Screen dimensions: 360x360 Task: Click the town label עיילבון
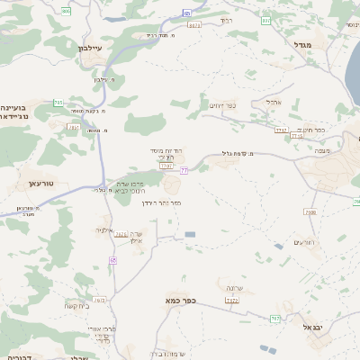(80, 48)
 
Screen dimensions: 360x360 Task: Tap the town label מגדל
(301, 43)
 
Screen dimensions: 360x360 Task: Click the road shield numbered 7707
(166, 166)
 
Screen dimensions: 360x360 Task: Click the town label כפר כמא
(180, 299)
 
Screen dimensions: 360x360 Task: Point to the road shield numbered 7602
(100, 300)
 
